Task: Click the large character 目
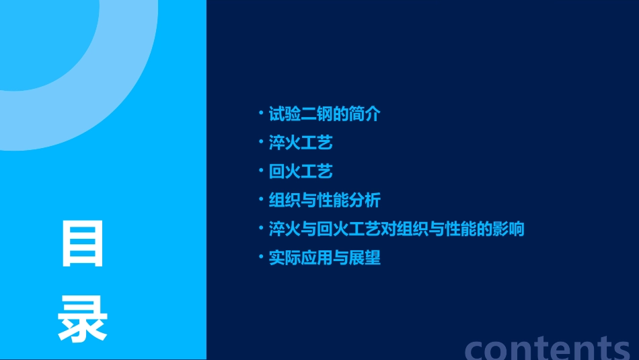[83, 244]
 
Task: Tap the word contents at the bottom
[548, 348]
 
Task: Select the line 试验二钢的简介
[324, 114]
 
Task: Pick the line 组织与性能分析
[324, 201]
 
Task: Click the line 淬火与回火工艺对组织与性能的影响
[396, 229]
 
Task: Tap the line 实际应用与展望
[324, 258]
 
